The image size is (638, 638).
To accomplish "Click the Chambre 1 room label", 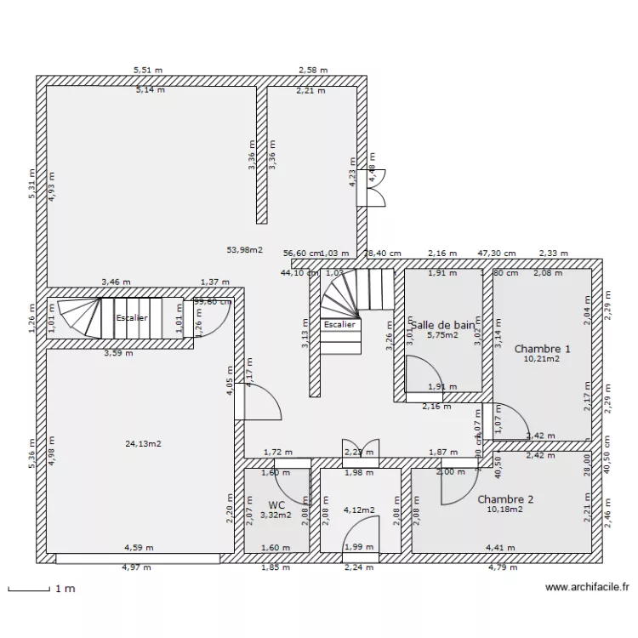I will (542, 349).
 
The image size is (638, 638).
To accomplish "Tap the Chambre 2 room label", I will (505, 499).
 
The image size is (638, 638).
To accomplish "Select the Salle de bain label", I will (442, 325).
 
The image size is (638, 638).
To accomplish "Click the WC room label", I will (276, 504).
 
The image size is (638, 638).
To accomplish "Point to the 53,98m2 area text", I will (244, 250).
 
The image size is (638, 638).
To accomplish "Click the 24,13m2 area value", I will (144, 443).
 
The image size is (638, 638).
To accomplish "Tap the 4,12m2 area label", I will (360, 510).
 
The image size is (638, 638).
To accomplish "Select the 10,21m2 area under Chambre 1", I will (542, 360).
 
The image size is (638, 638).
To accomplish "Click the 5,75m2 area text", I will (443, 336).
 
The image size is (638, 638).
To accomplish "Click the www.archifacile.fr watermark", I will (587, 587).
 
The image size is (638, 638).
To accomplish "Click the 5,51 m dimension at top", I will (147, 71).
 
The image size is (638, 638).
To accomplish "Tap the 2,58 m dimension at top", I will (313, 71).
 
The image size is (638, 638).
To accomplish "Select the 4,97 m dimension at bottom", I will (136, 567).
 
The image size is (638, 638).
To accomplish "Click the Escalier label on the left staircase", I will (131, 318).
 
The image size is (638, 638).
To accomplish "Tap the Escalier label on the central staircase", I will (340, 325).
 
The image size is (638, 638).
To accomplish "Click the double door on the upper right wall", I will (375, 186).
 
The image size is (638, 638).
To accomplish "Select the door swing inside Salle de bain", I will (422, 374).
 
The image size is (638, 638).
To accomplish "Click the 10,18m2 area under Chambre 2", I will (504, 510).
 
